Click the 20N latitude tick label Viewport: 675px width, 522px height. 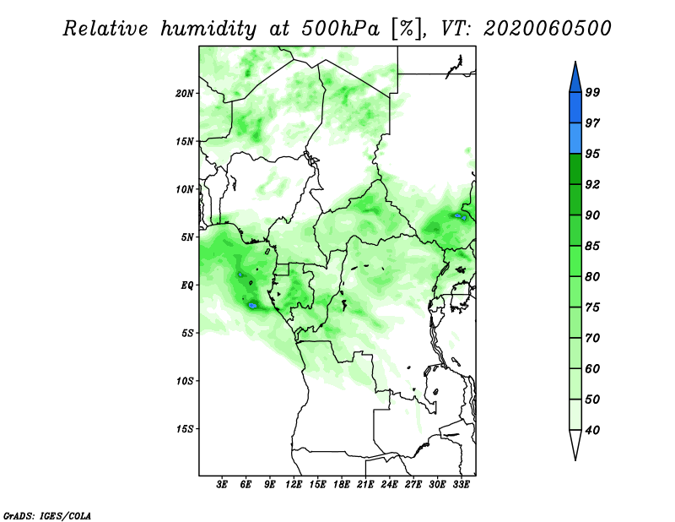(x=185, y=93)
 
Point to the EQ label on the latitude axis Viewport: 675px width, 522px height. (x=187, y=285)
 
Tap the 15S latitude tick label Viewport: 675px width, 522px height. (x=185, y=428)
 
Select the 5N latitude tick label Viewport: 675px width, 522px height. (x=187, y=237)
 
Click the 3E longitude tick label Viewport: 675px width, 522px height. (x=222, y=484)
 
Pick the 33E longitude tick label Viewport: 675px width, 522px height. (x=461, y=484)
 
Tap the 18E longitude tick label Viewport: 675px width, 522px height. (x=342, y=484)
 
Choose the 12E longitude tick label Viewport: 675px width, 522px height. (x=294, y=484)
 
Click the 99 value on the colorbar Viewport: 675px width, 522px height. (x=592, y=92)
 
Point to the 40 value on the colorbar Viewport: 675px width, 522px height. (x=592, y=430)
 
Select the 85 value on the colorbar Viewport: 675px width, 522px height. (x=592, y=246)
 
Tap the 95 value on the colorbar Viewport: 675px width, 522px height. (x=592, y=154)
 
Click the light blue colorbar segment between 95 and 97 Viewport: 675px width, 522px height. (x=575, y=139)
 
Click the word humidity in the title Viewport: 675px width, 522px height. (x=208, y=29)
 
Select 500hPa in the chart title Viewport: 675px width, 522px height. (x=341, y=29)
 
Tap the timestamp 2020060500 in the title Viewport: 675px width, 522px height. (x=547, y=29)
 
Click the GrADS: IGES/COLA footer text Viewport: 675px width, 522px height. (x=47, y=515)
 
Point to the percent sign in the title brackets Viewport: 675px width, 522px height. (x=407, y=29)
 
